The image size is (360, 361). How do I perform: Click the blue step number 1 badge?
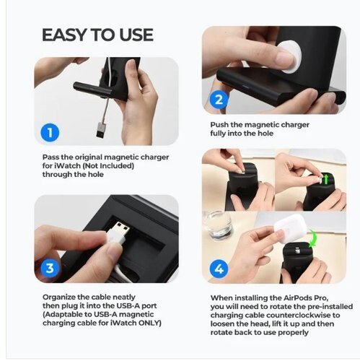click(50, 132)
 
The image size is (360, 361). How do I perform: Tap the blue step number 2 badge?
click(219, 100)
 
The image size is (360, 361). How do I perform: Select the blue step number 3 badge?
click(50, 268)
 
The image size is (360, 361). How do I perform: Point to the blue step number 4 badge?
click(219, 269)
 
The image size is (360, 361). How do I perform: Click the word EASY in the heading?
click(64, 35)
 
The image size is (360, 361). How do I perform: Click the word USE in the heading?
click(136, 35)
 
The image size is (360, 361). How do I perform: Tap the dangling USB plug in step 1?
click(102, 130)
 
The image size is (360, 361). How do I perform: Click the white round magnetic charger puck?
click(289, 56)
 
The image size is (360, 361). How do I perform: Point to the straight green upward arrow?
click(326, 179)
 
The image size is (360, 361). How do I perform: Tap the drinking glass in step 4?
click(217, 225)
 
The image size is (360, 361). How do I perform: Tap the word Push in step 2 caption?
click(219, 125)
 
